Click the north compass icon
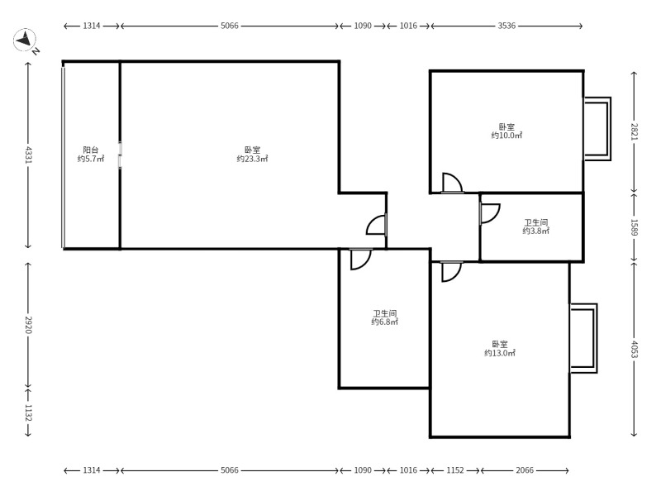[x=25, y=41]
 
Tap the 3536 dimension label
[x=506, y=26]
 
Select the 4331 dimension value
[x=28, y=155]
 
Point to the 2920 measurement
[x=28, y=325]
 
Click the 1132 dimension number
[x=28, y=413]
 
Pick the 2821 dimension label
[x=634, y=131]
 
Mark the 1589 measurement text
[x=634, y=227]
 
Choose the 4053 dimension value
[x=634, y=349]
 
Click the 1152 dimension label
[x=455, y=470]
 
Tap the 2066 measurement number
[x=525, y=470]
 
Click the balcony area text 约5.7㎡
[x=91, y=159]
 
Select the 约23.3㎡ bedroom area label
[x=252, y=159]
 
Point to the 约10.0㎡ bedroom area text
[x=506, y=136]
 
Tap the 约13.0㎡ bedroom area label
[x=500, y=353]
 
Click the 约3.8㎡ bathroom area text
[x=536, y=231]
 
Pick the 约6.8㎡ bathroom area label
[x=385, y=322]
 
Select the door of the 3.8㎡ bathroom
[x=489, y=213]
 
